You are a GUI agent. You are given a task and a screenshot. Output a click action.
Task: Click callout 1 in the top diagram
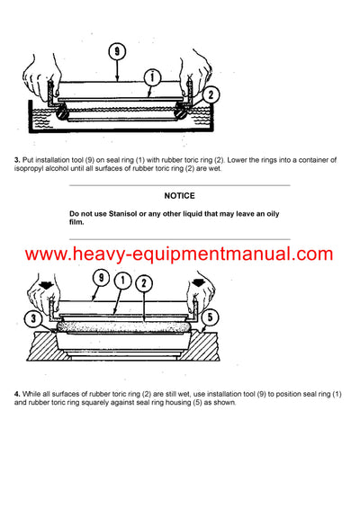tap(153, 78)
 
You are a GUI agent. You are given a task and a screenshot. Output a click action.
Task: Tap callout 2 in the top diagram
tap(210, 92)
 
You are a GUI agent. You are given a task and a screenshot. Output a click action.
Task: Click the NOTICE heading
tap(180, 195)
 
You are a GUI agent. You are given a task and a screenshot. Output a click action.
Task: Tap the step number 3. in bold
tap(17, 160)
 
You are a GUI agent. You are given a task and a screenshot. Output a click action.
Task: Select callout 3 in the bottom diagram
tap(34, 317)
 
